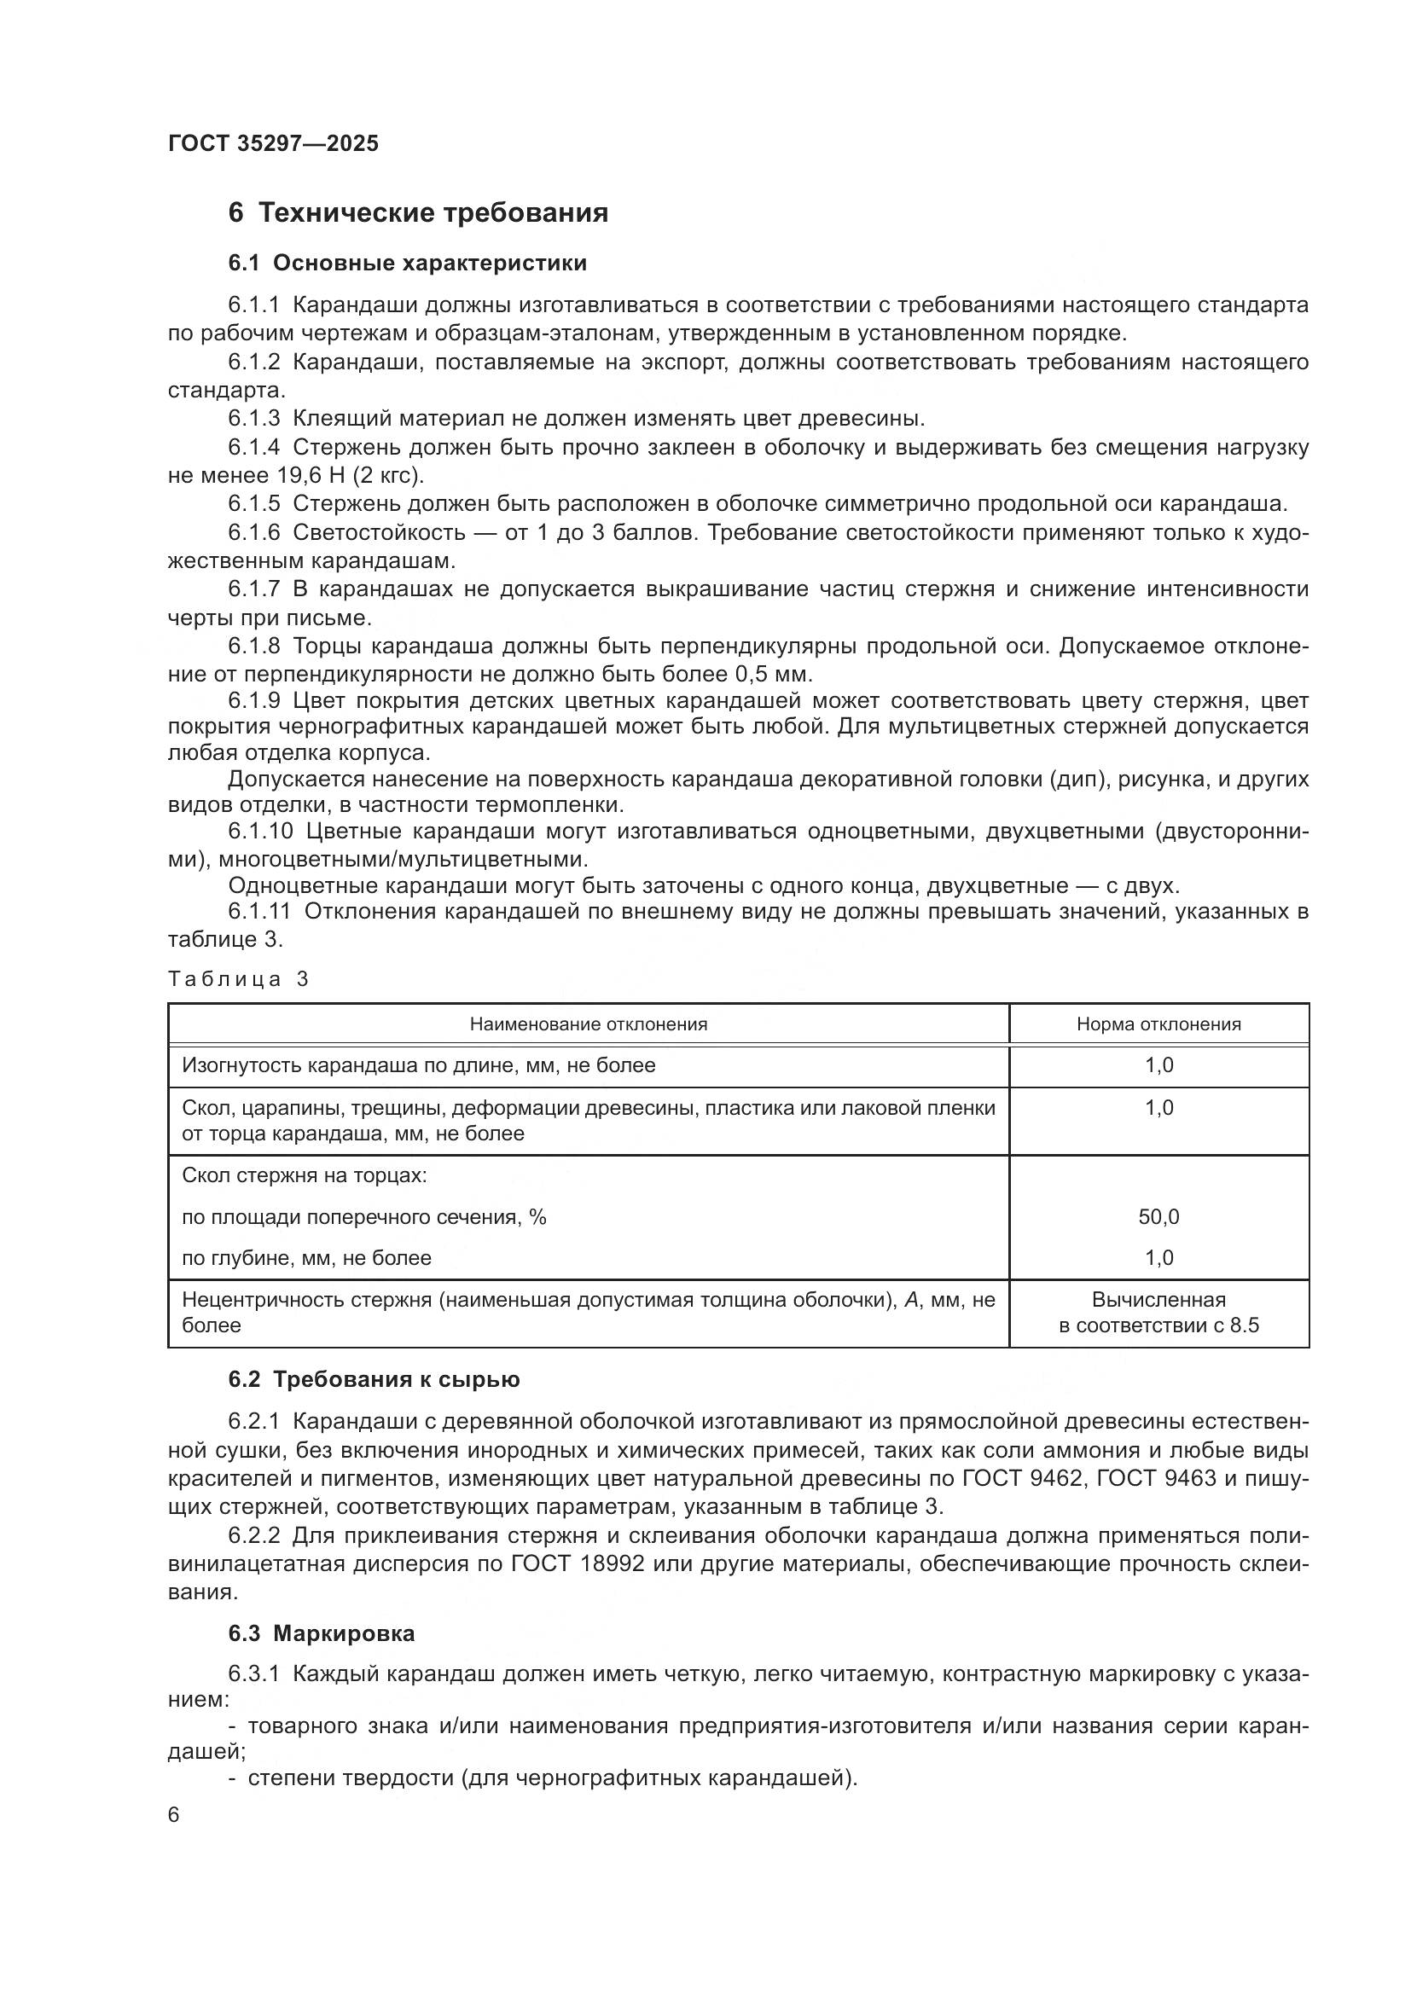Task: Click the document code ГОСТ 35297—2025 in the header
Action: coord(273,143)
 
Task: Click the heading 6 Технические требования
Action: coord(418,213)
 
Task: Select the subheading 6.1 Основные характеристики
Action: coord(408,264)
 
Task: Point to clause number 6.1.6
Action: coord(253,532)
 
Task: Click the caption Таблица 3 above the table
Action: coord(238,979)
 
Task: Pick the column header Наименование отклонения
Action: coord(589,1024)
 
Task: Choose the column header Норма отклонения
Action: coord(1158,1024)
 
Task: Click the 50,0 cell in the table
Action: coord(1158,1217)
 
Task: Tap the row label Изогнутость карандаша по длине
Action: coord(418,1065)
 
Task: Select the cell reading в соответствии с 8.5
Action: coord(1158,1326)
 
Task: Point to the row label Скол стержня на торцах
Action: coord(304,1175)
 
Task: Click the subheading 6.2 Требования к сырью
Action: coord(374,1380)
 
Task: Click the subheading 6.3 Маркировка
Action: coord(321,1633)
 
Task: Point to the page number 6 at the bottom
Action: coord(174,1815)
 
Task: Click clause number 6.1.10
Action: coord(261,832)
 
